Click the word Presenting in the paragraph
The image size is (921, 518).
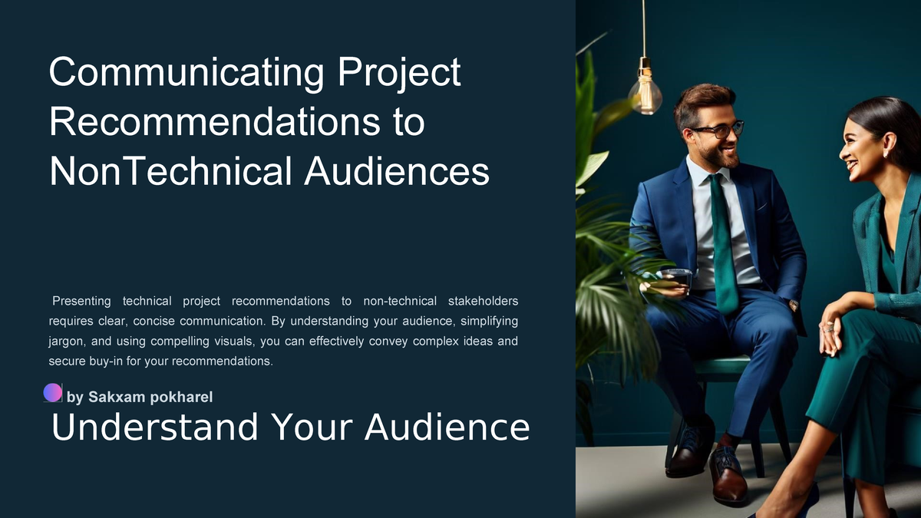click(81, 300)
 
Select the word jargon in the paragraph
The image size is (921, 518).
click(66, 340)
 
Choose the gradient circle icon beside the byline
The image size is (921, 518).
click(53, 392)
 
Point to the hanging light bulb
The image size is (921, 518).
click(645, 93)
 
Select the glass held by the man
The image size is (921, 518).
click(675, 279)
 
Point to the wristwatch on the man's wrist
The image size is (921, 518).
click(794, 305)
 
